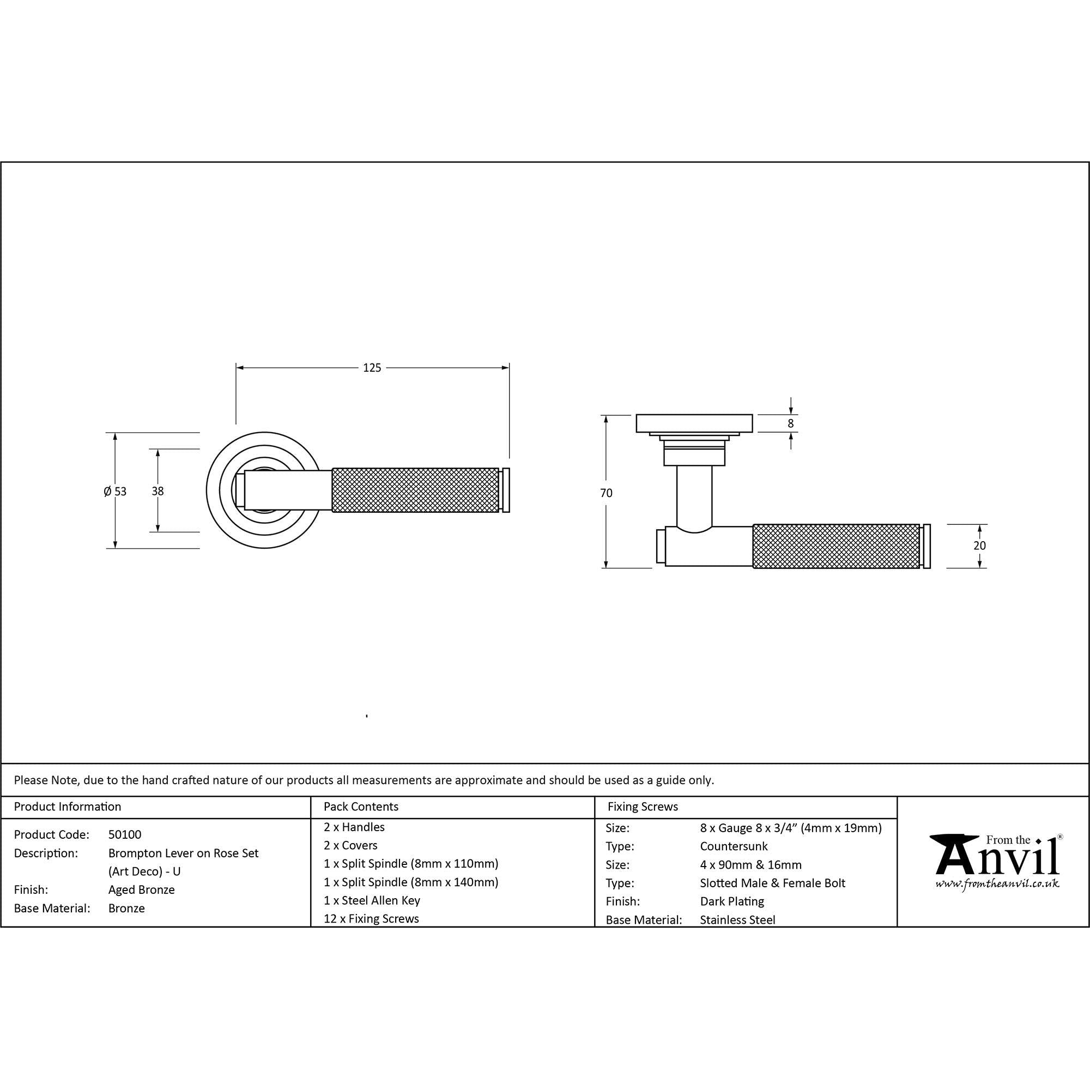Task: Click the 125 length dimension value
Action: [372, 368]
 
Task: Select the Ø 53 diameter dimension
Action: [115, 492]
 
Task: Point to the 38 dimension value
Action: [158, 492]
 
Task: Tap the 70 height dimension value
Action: [606, 493]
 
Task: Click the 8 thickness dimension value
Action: [790, 423]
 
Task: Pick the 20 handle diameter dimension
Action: [979, 546]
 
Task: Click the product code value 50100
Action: [125, 834]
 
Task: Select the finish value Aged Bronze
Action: [142, 890]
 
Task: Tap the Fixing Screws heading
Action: [643, 807]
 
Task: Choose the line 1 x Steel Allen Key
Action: [372, 900]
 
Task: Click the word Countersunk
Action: [734, 846]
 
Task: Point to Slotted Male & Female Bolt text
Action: [772, 883]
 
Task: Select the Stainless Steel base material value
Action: [737, 919]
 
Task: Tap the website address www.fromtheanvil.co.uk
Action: [997, 883]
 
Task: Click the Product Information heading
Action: [68, 807]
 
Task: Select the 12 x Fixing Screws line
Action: [371, 918]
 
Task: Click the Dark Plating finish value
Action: [732, 901]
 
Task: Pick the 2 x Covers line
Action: [350, 845]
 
